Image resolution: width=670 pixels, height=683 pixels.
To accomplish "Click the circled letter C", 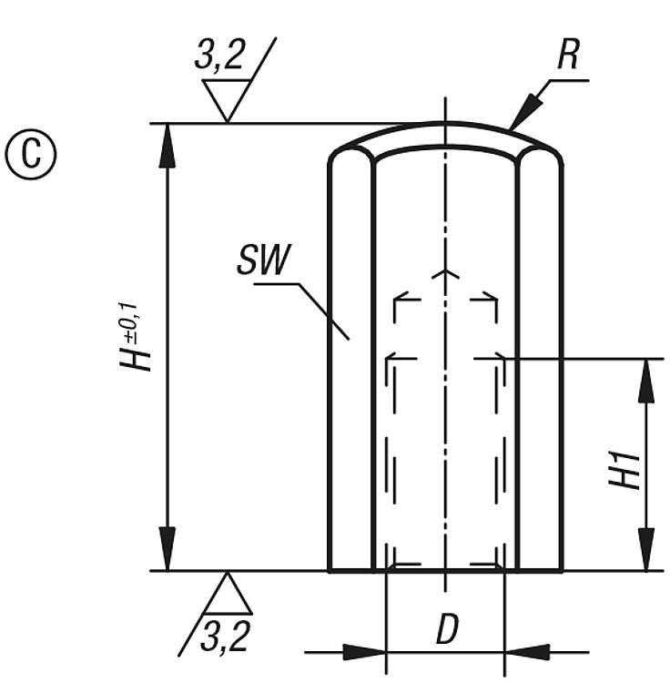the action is pos(30,154).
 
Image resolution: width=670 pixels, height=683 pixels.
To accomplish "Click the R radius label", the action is pos(569,56).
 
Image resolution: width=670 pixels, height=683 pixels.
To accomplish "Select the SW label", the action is pos(264,260).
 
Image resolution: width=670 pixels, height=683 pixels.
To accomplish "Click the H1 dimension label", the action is pos(625,471).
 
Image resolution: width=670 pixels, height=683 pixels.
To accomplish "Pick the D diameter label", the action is pos(448,628).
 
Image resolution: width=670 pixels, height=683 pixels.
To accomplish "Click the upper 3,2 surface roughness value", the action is pos(219,55).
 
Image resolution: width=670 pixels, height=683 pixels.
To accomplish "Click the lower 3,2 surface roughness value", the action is pos(225,636).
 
